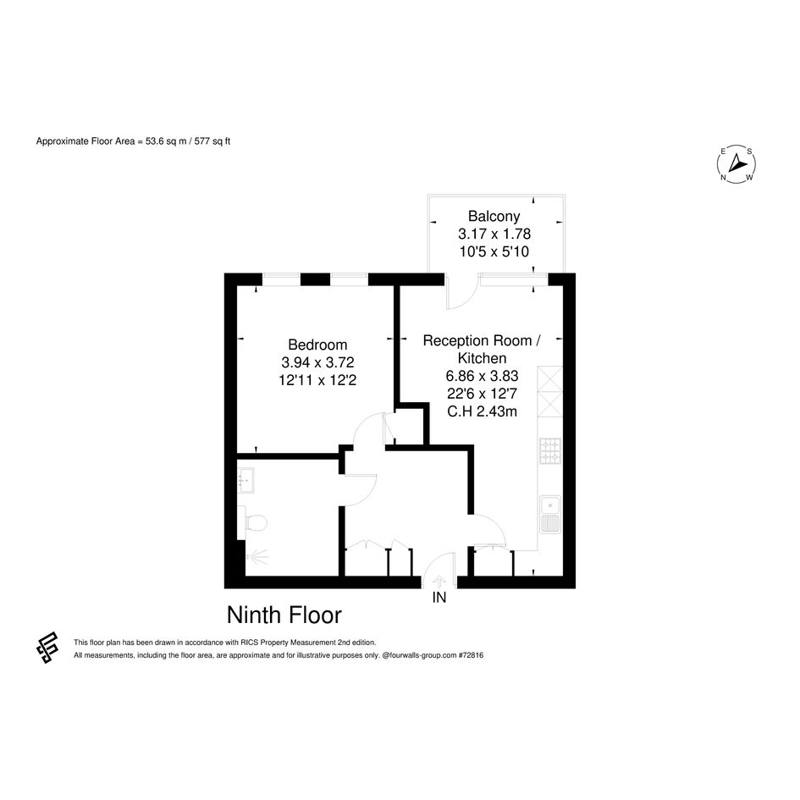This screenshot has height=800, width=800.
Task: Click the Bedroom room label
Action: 317,345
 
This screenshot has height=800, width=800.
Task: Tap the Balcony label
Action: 494,217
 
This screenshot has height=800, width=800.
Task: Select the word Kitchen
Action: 482,358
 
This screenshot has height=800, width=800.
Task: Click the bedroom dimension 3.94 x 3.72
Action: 317,362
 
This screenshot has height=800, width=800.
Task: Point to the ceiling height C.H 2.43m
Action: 482,411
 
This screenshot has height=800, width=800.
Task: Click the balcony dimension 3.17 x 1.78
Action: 494,234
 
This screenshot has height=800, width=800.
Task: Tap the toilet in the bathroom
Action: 253,522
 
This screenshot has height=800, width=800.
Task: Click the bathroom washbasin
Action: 246,481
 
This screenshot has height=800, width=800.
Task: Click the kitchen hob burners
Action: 550,451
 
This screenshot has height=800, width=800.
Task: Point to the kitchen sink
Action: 550,515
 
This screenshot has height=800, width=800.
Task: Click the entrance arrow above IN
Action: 439,582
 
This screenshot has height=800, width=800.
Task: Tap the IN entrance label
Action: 439,597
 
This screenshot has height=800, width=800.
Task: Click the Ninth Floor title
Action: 284,615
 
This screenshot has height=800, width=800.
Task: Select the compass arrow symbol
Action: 737,163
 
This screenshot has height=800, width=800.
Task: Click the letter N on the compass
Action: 723,178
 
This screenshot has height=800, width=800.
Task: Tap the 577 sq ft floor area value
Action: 212,141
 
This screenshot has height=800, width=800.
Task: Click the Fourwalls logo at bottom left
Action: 47,648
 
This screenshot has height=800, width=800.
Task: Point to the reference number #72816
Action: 471,655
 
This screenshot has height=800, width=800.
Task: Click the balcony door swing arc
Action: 466,297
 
